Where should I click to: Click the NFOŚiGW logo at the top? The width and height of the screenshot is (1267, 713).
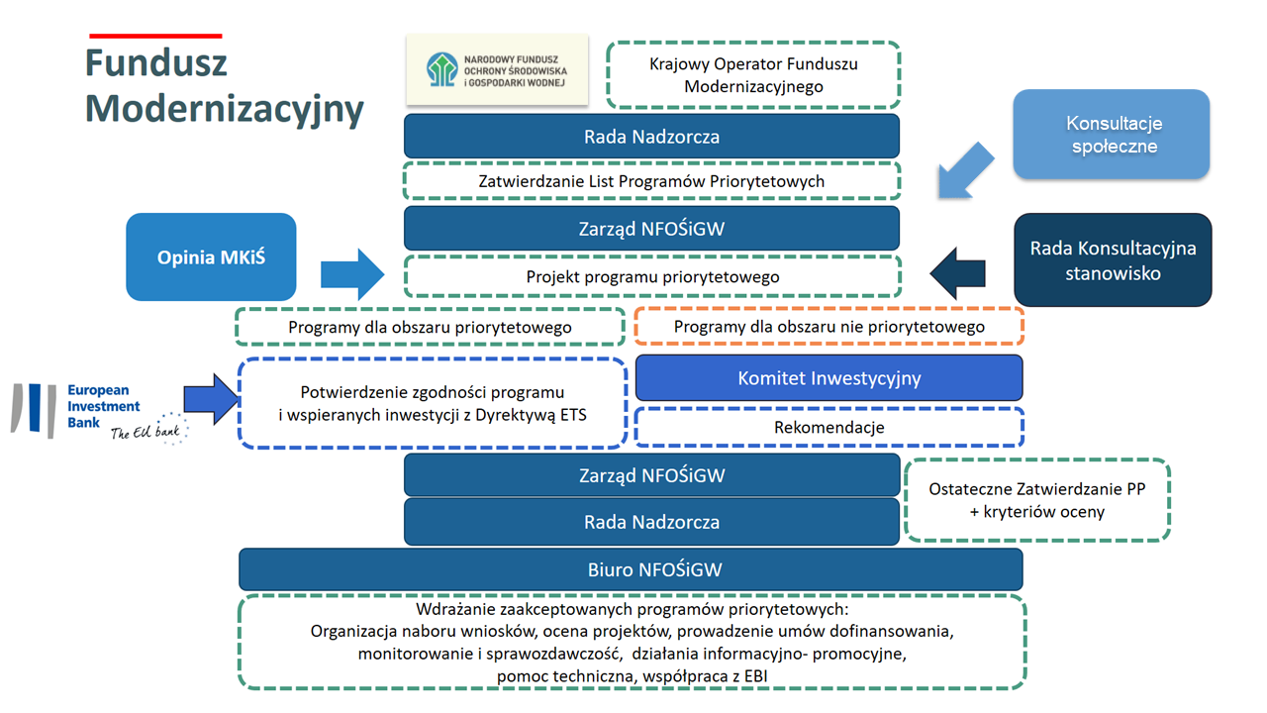click(x=497, y=70)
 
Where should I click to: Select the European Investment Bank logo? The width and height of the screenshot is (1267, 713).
click(x=99, y=411)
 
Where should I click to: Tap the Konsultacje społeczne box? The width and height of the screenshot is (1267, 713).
click(x=1111, y=135)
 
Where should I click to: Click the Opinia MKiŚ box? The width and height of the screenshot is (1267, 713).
click(x=211, y=257)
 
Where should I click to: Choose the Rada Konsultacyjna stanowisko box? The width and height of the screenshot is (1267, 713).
click(x=1113, y=259)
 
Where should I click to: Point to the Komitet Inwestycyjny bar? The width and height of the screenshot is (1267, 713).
click(x=828, y=378)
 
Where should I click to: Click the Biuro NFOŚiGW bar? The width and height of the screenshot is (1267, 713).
click(x=631, y=569)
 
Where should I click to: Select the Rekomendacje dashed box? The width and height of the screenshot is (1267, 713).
click(x=828, y=428)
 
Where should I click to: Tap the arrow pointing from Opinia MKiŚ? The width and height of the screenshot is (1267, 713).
click(x=351, y=273)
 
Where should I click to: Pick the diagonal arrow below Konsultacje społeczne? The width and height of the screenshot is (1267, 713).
click(x=964, y=171)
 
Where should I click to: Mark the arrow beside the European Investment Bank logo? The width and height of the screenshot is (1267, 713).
click(x=211, y=399)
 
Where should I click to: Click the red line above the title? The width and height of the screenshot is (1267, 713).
click(x=154, y=37)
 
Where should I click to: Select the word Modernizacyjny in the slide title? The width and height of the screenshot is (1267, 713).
click(x=224, y=108)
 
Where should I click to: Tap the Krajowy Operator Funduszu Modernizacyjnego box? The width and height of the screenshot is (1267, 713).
click(x=752, y=75)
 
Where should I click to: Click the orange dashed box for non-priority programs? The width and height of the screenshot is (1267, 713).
click(x=828, y=327)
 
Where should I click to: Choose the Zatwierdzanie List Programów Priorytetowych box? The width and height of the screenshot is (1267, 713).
click(x=651, y=181)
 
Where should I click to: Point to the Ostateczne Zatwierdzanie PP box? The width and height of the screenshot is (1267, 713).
click(x=1037, y=500)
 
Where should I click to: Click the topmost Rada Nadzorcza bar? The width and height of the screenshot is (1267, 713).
click(x=651, y=137)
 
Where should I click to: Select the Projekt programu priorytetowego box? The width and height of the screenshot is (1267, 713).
click(x=651, y=277)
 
